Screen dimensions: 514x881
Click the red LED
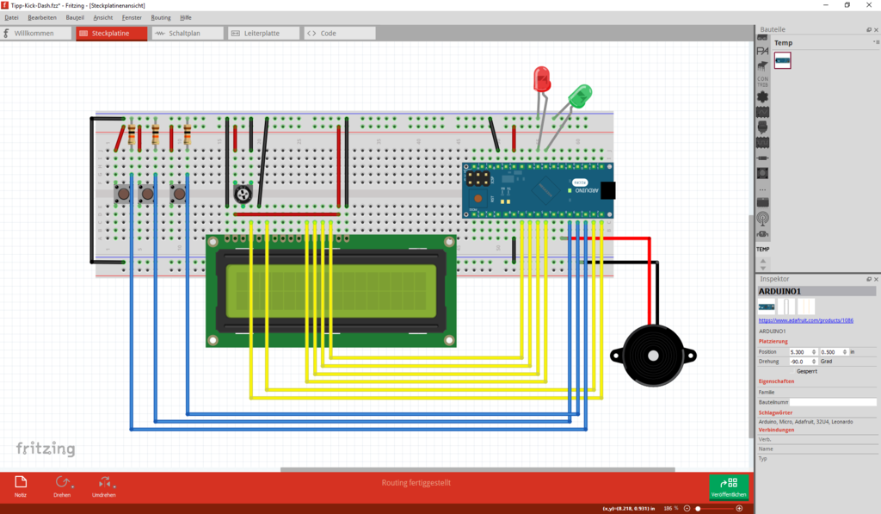click(x=542, y=79)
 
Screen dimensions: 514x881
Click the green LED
click(x=580, y=96)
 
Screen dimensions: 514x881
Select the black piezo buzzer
click(x=652, y=356)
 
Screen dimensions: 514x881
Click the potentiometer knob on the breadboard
click(x=243, y=195)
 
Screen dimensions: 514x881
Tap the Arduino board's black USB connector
click(x=608, y=190)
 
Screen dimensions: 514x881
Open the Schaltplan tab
click(x=188, y=34)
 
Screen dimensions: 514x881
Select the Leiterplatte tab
click(x=264, y=34)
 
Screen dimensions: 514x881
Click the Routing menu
click(x=160, y=17)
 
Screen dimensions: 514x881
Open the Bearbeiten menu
click(x=42, y=17)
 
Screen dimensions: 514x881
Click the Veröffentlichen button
click(x=729, y=487)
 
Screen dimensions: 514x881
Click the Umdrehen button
click(x=104, y=486)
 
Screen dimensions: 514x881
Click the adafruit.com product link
click(x=805, y=320)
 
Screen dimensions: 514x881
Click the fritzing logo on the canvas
click(x=46, y=449)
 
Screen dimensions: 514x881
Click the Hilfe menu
click(x=186, y=17)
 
